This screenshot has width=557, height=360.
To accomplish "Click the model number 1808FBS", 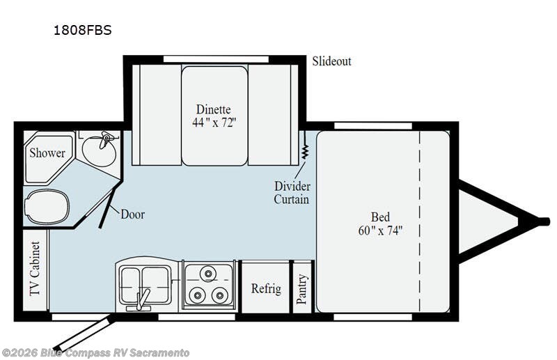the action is (x=82, y=30).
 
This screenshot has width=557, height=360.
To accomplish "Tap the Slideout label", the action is (x=331, y=61).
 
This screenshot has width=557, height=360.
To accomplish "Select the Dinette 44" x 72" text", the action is (x=214, y=116).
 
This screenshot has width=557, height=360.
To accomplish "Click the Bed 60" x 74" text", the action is (x=380, y=224).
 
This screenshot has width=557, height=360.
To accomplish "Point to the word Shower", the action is (x=47, y=152).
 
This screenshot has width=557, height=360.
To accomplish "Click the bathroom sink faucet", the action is (x=105, y=139).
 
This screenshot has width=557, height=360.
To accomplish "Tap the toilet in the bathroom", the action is (x=46, y=207).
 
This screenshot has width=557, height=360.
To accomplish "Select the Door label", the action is (x=132, y=214).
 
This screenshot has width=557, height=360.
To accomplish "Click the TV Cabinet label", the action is (x=35, y=268).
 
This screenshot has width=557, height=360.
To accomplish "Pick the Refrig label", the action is (x=266, y=288).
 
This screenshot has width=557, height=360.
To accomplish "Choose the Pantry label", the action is (x=302, y=289).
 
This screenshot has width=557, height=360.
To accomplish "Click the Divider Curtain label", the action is (x=292, y=193).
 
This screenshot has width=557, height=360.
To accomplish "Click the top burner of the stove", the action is (x=207, y=273).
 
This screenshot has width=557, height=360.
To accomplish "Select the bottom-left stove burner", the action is (x=196, y=295).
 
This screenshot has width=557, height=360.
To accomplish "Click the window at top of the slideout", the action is (x=216, y=59).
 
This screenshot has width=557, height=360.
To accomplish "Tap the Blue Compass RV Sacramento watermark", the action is (x=95, y=353).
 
